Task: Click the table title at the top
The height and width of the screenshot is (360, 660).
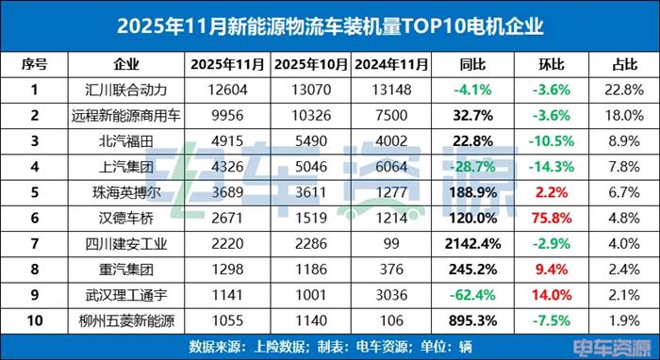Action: point(329,23)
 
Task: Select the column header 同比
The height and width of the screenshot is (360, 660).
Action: point(471,65)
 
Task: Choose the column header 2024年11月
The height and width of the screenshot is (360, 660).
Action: point(390,65)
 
